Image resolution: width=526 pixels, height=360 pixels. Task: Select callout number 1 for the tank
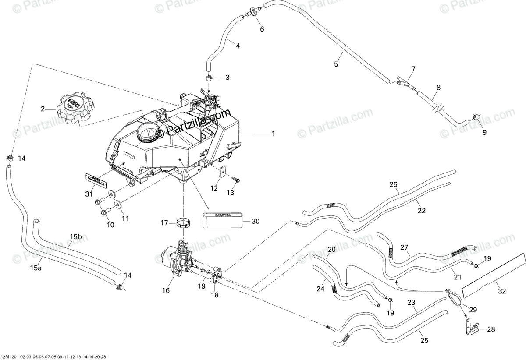click(273, 134)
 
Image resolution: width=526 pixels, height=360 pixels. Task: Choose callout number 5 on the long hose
click(336, 64)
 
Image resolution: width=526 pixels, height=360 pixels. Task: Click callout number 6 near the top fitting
click(262, 29)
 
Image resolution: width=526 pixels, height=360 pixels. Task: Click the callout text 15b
click(76, 237)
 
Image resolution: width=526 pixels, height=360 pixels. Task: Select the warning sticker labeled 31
click(96, 179)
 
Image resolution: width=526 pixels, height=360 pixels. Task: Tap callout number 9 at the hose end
click(484, 133)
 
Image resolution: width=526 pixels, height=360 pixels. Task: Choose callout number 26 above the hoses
click(393, 185)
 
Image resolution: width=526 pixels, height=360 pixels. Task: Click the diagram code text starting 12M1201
click(53, 356)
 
